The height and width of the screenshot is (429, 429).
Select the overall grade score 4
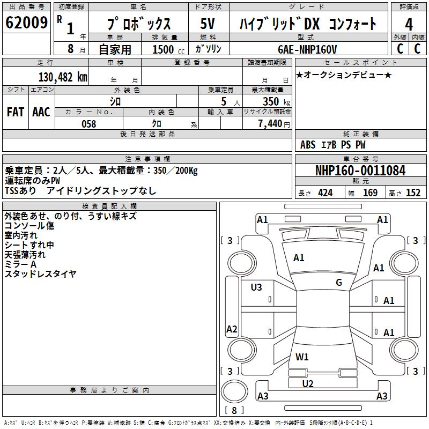pyautogui.click(x=409, y=25)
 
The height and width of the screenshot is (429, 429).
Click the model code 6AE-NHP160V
pyautogui.click(x=307, y=49)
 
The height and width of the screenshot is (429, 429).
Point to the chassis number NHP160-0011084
pyautogui.click(x=360, y=171)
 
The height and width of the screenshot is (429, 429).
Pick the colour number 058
pyautogui.click(x=88, y=124)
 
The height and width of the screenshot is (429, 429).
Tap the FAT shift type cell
pyautogui.click(x=16, y=112)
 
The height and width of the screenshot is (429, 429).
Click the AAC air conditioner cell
pyautogui.click(x=41, y=112)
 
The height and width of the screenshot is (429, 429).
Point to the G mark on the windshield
pyautogui.click(x=339, y=283)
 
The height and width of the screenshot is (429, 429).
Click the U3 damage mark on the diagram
pyautogui.click(x=256, y=287)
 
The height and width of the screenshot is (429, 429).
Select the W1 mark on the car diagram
pyautogui.click(x=302, y=357)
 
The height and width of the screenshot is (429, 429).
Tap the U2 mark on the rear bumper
pyautogui.click(x=307, y=383)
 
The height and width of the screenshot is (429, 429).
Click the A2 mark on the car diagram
pyautogui.click(x=232, y=329)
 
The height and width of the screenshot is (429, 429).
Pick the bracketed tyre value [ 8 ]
pyautogui.click(x=234, y=411)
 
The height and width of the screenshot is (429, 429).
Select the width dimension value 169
pyautogui.click(x=370, y=193)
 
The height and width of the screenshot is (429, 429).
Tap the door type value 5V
pyautogui.click(x=208, y=24)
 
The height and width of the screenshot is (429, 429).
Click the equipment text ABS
pyautogui.click(x=308, y=145)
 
